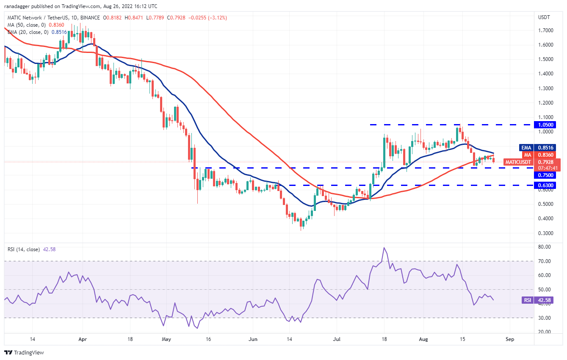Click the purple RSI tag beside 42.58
point(528,300)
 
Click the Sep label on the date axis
point(510,339)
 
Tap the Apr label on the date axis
point(83,339)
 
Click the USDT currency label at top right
point(544,17)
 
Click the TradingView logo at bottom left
point(24,352)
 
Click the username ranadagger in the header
point(20,6)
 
